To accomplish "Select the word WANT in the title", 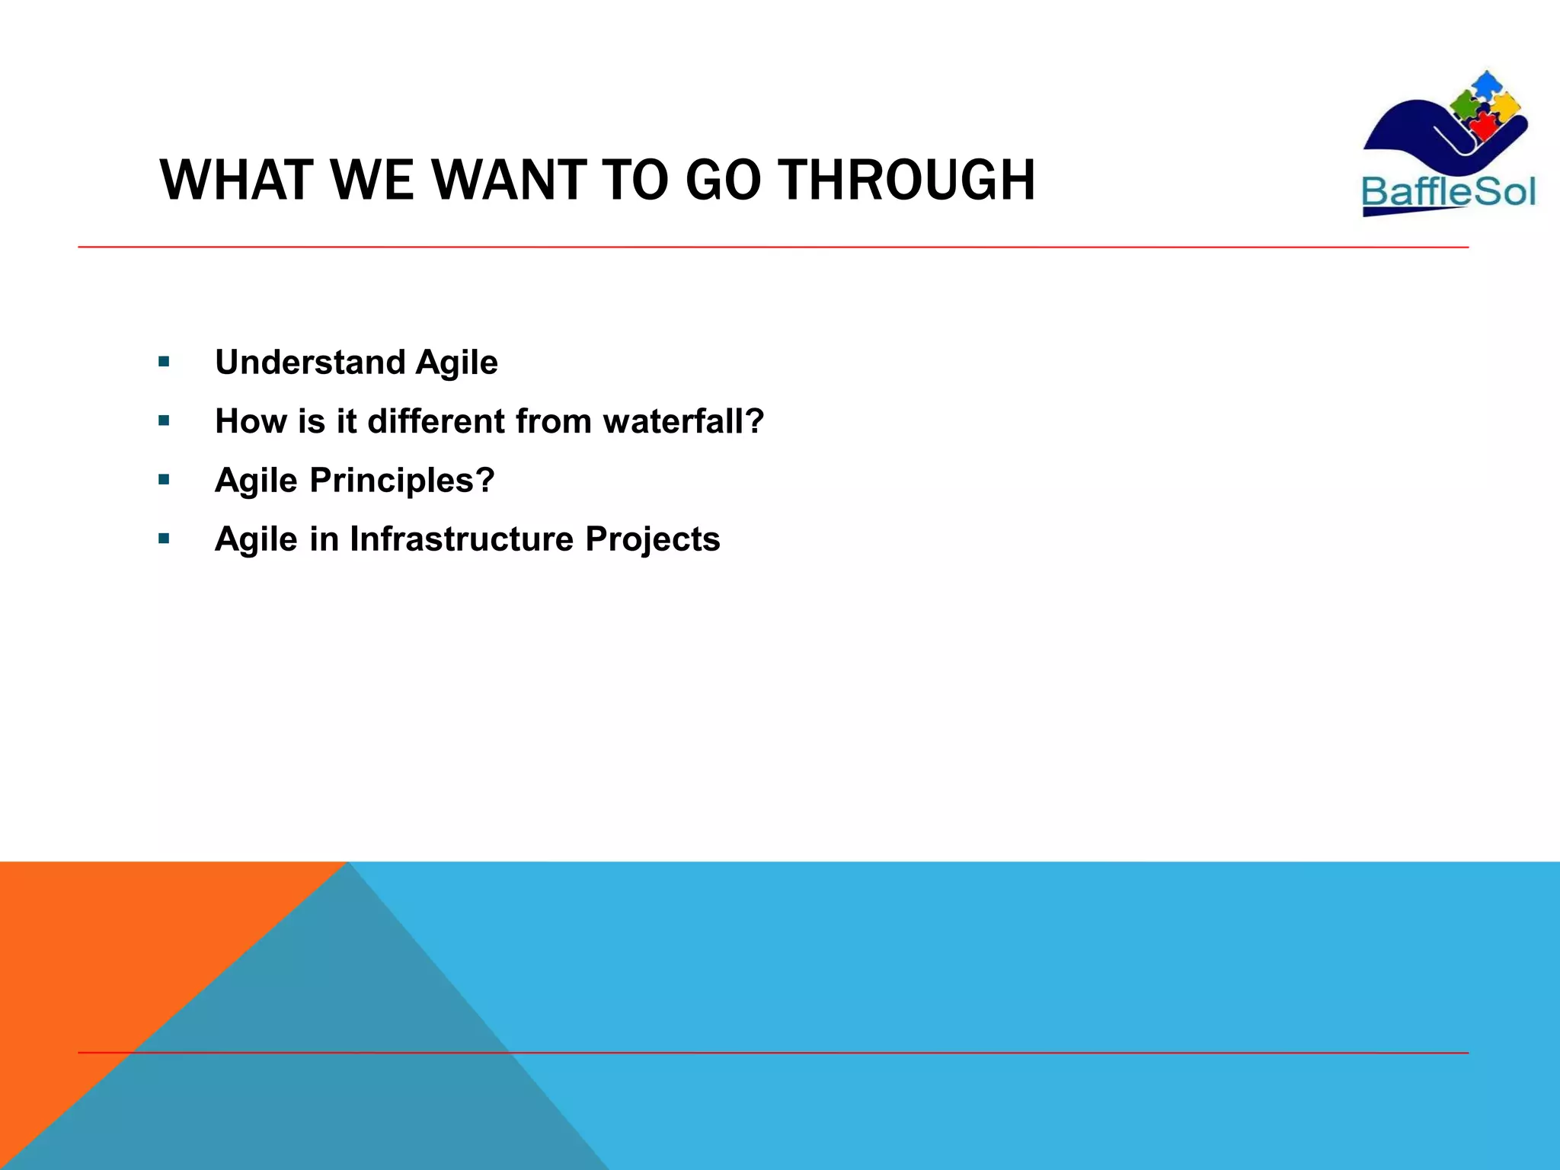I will point(510,181).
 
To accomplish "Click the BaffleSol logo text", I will point(1448,191).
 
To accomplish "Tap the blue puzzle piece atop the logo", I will point(1485,84).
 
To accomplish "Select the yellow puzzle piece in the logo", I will point(1505,107).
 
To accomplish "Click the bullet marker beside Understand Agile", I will point(164,362).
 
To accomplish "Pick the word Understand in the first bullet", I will point(310,362).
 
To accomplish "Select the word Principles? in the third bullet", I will point(402,481).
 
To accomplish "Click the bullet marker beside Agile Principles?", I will point(164,480).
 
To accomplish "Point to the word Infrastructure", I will point(462,539).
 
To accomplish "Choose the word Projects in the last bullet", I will point(652,539).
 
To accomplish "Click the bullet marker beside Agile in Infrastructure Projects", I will point(164,539).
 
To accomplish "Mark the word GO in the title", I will point(722,181).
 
